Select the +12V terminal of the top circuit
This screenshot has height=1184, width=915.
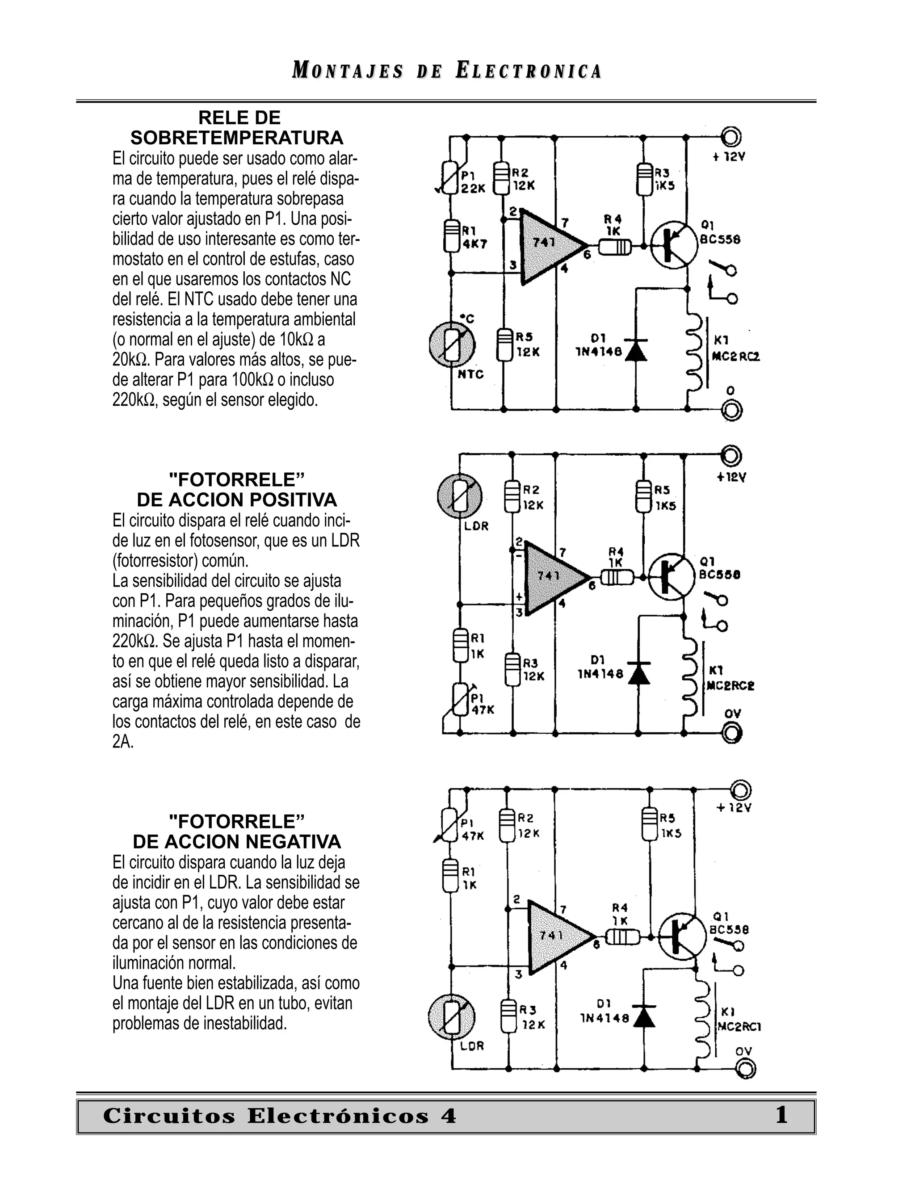pos(730,137)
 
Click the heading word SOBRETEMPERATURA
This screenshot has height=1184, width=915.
pos(236,138)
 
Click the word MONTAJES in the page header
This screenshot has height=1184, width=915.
pos(348,71)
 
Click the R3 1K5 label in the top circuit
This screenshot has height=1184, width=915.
pos(664,179)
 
